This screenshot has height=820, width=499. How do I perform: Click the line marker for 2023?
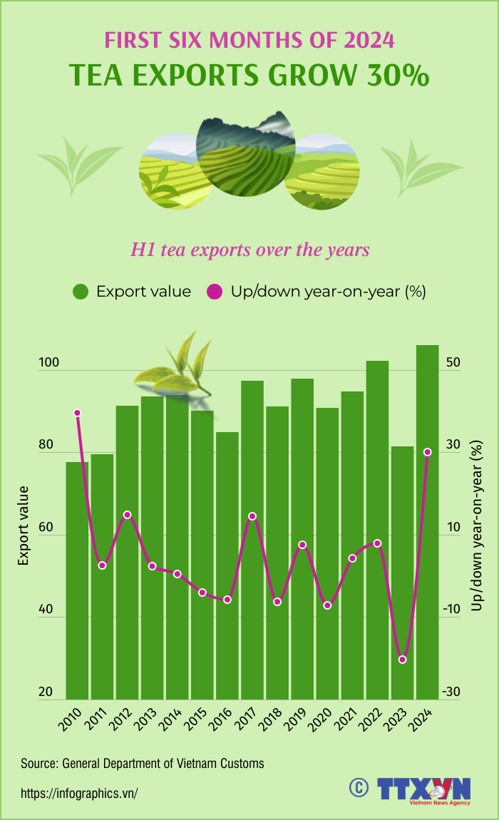click(402, 660)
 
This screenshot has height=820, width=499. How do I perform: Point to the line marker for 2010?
click(77, 413)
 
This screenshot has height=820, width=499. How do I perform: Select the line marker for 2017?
click(252, 516)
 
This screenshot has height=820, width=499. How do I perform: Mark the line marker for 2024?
click(427, 452)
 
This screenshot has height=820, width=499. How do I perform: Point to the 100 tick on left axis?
click(48, 363)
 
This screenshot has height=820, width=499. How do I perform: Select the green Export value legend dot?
click(81, 292)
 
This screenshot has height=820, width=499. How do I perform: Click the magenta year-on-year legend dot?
click(214, 292)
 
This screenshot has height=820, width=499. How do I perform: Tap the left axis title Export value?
click(24, 526)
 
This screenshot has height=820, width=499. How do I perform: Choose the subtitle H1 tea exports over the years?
click(249, 250)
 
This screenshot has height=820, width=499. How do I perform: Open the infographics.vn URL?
click(79, 793)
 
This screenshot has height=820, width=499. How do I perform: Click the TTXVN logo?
click(423, 790)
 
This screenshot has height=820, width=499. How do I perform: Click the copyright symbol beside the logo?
click(357, 786)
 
